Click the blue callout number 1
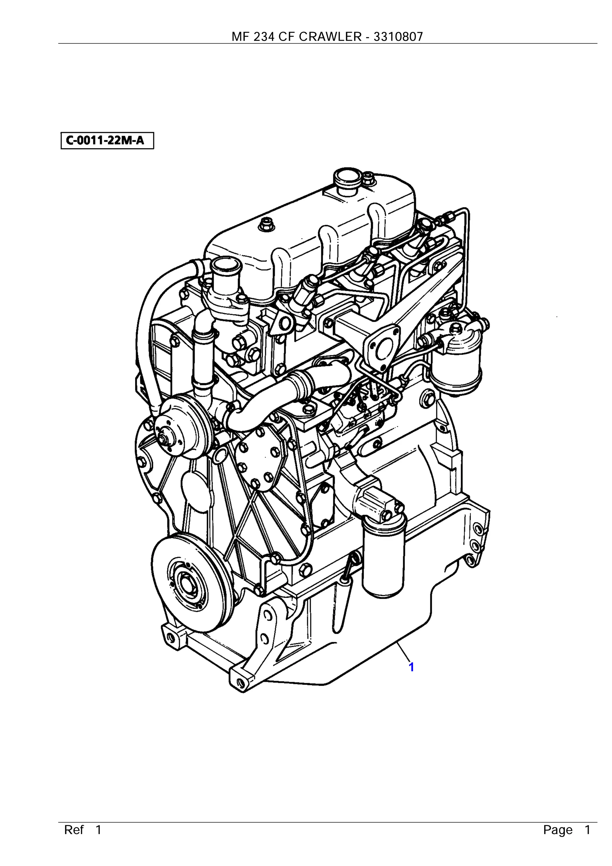(411, 667)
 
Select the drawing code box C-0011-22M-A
(107, 141)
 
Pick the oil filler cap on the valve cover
(347, 177)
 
